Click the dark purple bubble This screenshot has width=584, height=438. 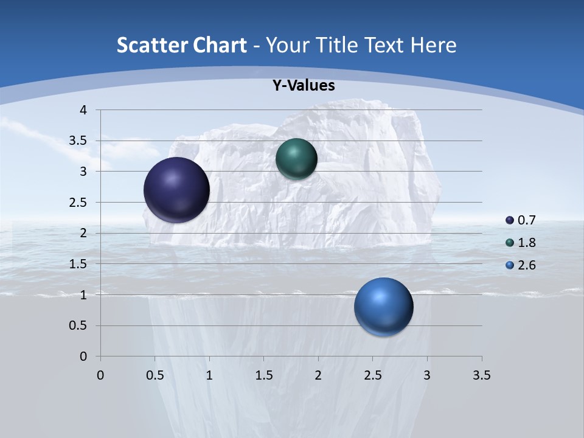tap(177, 190)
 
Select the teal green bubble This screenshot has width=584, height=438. tap(296, 159)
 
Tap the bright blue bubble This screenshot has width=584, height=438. tap(383, 307)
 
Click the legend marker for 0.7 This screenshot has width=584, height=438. tap(510, 220)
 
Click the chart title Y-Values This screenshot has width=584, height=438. tap(304, 86)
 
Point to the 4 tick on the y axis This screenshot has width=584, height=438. tap(83, 110)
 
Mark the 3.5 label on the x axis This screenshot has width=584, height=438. tap(481, 375)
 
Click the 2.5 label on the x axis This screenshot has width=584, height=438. tap(372, 375)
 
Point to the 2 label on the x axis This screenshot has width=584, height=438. tap(318, 375)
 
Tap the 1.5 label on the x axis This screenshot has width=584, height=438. tap(263, 375)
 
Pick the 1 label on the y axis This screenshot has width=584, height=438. tap(83, 295)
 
